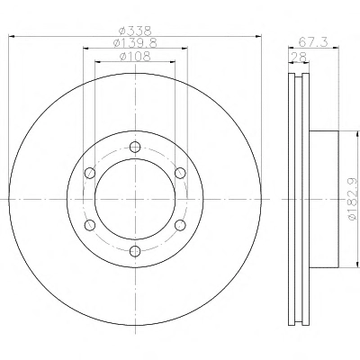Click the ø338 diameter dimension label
(135, 31)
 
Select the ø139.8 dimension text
(135, 43)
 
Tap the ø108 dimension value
(135, 57)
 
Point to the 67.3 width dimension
(313, 42)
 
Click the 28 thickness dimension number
(299, 57)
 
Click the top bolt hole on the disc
(135, 147)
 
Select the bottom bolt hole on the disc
(135, 251)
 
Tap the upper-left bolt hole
(90, 173)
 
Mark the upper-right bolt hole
(180, 173)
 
